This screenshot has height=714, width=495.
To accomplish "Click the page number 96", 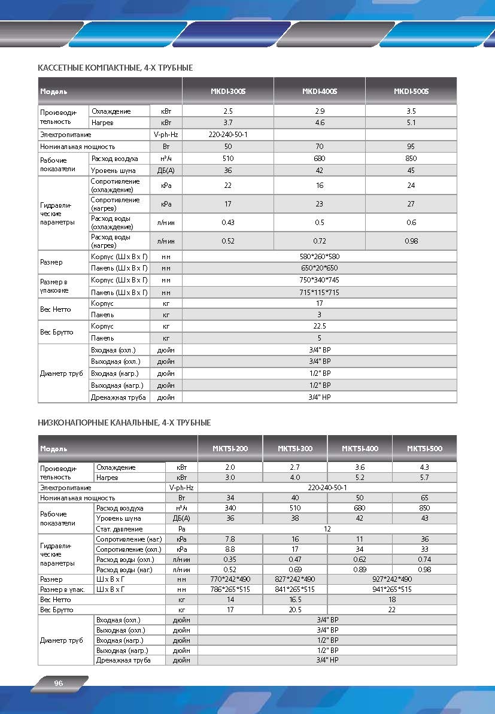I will [59, 683].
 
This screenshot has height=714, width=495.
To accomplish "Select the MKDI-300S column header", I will [228, 92].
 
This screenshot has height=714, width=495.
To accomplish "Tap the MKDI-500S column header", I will [411, 92].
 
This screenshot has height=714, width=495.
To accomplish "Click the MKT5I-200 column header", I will [230, 448].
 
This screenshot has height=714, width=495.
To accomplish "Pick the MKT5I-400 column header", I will [360, 448].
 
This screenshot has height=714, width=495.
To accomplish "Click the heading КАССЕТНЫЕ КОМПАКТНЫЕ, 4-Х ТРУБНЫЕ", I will [116, 68].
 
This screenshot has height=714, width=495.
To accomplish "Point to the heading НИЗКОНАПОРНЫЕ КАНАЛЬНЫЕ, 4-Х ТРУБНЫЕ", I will [124, 423].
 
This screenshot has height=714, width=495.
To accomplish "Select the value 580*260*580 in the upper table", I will [320, 256].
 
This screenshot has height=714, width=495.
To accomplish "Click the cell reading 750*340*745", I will [320, 280].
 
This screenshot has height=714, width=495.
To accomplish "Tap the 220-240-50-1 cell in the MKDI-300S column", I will [228, 135].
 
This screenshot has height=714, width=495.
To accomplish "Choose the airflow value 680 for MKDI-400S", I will [320, 159].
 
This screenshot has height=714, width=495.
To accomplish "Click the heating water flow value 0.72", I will [320, 241].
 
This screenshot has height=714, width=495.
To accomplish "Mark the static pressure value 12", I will [327, 529].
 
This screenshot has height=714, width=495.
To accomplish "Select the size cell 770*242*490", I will [230, 579].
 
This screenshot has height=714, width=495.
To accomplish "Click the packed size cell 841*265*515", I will [295, 590].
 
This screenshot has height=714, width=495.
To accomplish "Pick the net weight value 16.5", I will [295, 600].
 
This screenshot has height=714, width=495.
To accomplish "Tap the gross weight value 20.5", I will [295, 610].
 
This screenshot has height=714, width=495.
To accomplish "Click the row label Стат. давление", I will [119, 529].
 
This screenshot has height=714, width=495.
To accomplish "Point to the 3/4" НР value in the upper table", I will [320, 397].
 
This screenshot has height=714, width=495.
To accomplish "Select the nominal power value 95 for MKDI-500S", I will [411, 147].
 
